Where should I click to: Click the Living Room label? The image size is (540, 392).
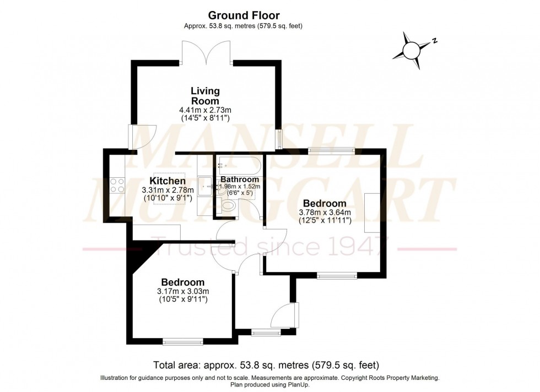tap(205, 96)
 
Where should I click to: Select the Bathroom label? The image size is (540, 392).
tap(240, 179)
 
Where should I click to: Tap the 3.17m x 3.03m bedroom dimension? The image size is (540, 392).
tap(183, 291)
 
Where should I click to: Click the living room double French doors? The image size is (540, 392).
tap(205, 54)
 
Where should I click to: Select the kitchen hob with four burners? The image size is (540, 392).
tap(117, 184)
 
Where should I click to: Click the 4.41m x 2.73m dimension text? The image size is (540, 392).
tap(205, 110)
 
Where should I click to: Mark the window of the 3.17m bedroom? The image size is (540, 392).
tap(183, 342)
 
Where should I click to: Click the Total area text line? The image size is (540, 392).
tap(266, 365)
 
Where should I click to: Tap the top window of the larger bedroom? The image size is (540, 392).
tap(331, 151)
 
